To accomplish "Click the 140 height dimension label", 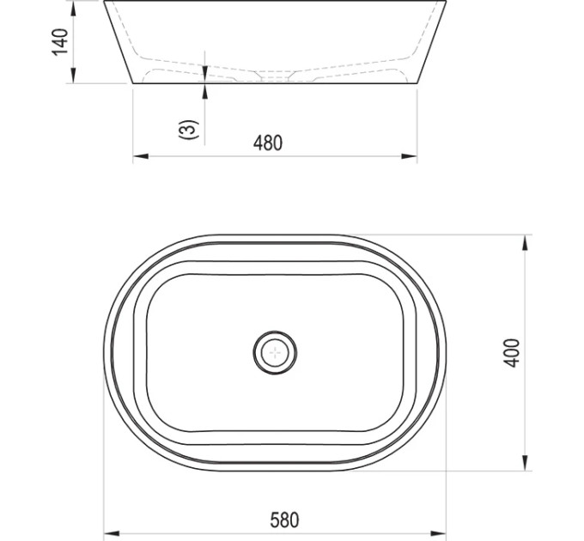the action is (x=60, y=42).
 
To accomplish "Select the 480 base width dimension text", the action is (x=268, y=143).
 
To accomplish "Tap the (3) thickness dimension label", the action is (x=187, y=130).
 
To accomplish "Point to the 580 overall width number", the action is (x=284, y=520).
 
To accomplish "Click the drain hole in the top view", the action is (x=275, y=352).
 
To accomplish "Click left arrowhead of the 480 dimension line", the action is (x=141, y=156).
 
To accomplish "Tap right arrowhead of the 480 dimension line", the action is (x=409, y=156).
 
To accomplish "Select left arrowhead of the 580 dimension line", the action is (x=112, y=533).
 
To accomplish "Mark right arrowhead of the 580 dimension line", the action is (x=438, y=533).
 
